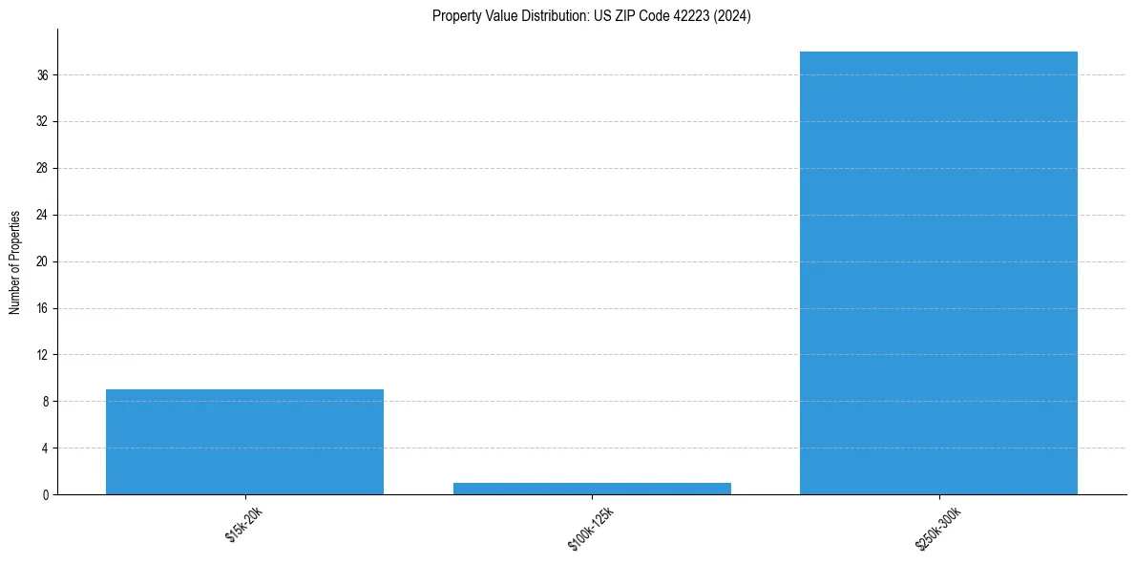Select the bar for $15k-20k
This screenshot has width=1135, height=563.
tap(244, 442)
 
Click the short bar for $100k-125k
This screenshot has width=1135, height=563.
tap(592, 488)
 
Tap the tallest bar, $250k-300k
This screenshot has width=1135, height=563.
tap(938, 273)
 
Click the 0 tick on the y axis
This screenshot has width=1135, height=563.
tap(45, 494)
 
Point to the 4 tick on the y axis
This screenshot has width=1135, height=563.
tap(45, 448)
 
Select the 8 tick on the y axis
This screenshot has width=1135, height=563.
tap(45, 402)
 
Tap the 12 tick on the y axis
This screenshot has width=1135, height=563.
tap(42, 355)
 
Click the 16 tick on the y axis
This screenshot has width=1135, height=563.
tap(42, 308)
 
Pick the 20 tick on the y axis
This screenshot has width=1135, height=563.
tap(42, 261)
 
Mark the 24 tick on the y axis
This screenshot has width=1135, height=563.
tap(42, 215)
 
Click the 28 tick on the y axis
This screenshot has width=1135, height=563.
tap(42, 168)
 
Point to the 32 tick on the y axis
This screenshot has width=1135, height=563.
tap(42, 121)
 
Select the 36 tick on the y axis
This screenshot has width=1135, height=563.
tap(42, 74)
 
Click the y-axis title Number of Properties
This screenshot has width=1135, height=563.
tap(14, 261)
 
